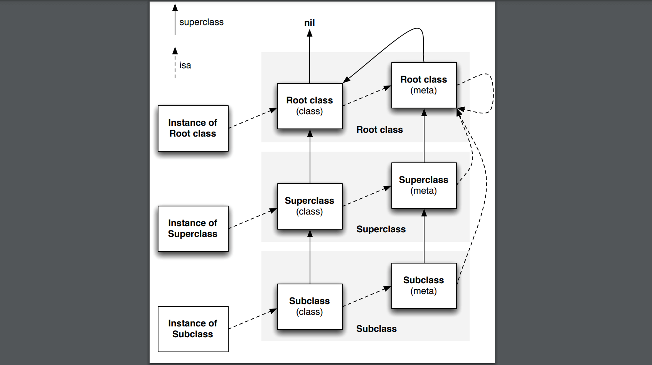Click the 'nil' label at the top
pyautogui.click(x=309, y=23)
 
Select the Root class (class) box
pyautogui.click(x=310, y=106)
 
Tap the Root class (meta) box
pyautogui.click(x=424, y=85)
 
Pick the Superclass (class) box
pyautogui.click(x=310, y=206)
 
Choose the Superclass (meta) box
pyautogui.click(x=424, y=186)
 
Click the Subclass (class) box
pyautogui.click(x=310, y=307)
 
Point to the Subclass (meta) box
pyautogui.click(x=424, y=286)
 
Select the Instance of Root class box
pyautogui.click(x=193, y=128)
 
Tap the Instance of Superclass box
pyautogui.click(x=193, y=229)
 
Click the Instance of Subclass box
pyautogui.click(x=193, y=329)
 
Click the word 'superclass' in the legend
pyautogui.click(x=201, y=22)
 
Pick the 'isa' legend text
pyautogui.click(x=185, y=66)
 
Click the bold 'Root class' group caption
pyautogui.click(x=379, y=130)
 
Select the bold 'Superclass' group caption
pyautogui.click(x=381, y=230)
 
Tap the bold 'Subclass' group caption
pyautogui.click(x=376, y=329)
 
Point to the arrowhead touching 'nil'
pyautogui.click(x=310, y=33)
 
